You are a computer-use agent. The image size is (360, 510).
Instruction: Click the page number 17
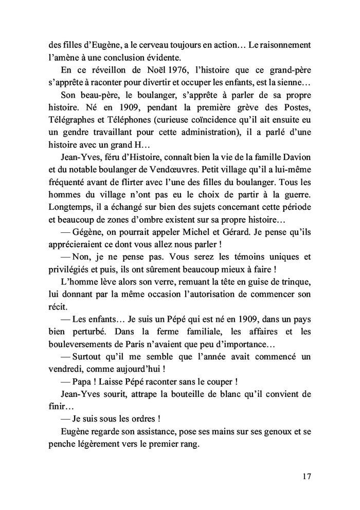307,476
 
